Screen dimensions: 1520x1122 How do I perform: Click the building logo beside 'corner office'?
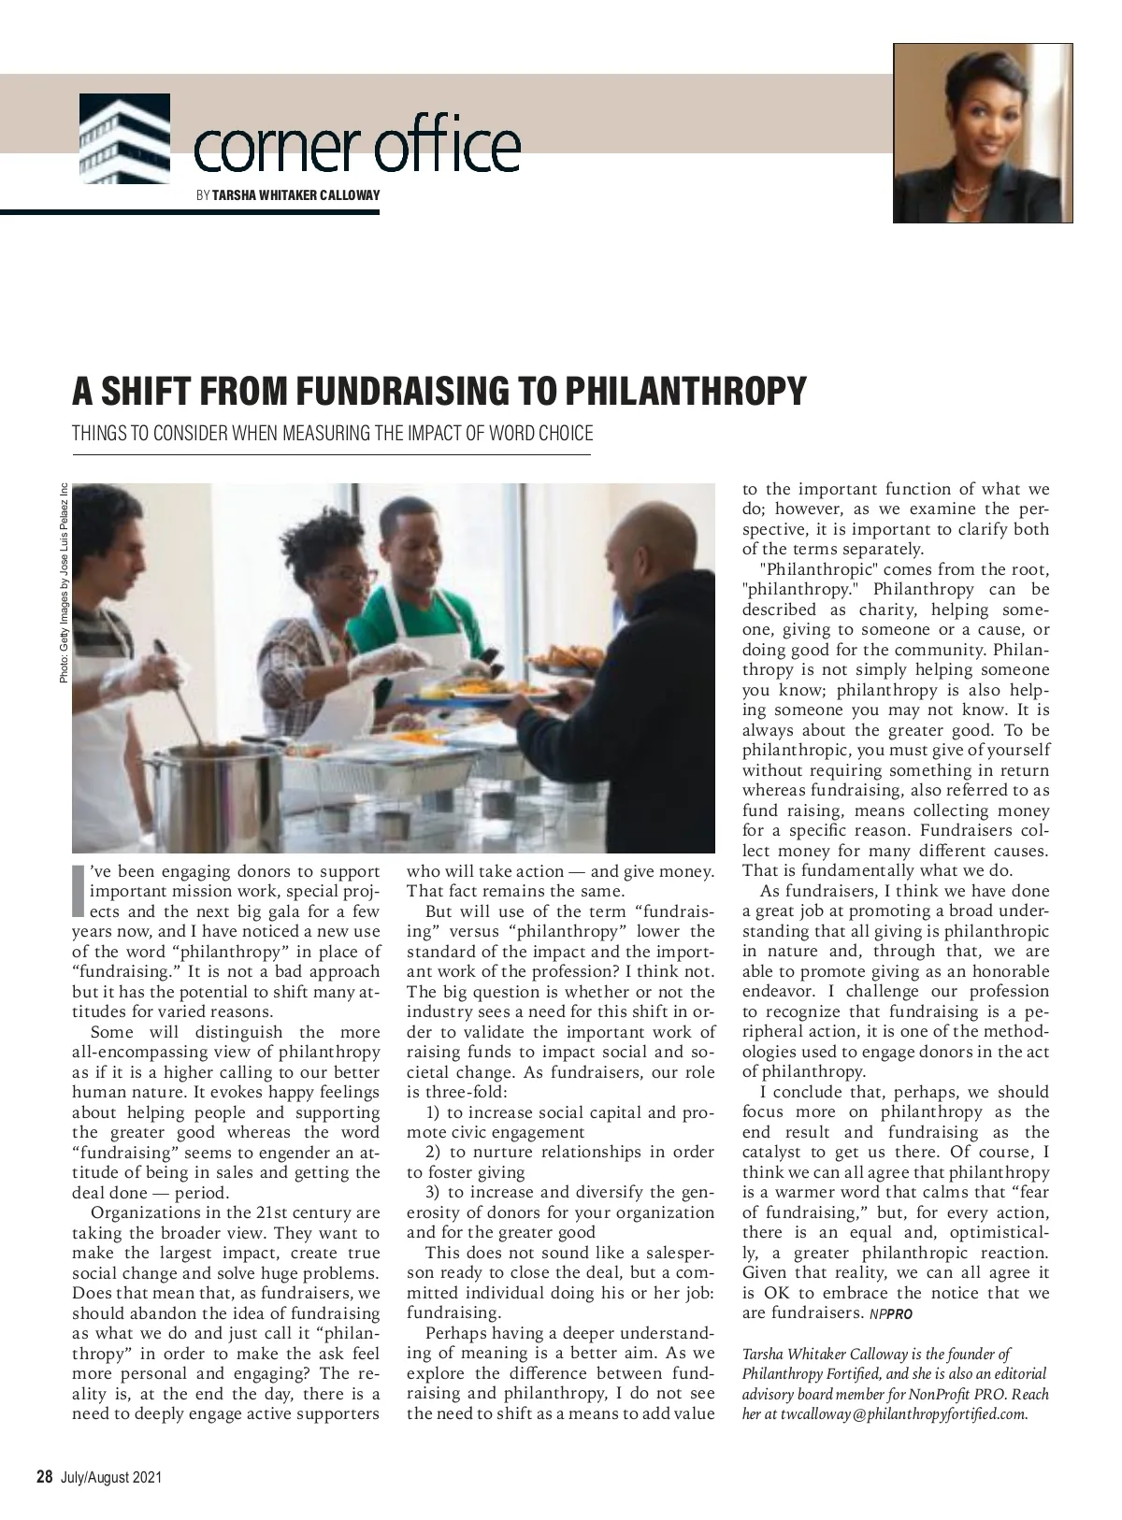(x=124, y=138)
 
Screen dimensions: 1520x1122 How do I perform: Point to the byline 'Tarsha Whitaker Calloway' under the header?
(x=296, y=195)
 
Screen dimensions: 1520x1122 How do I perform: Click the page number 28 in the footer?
(x=44, y=1477)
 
